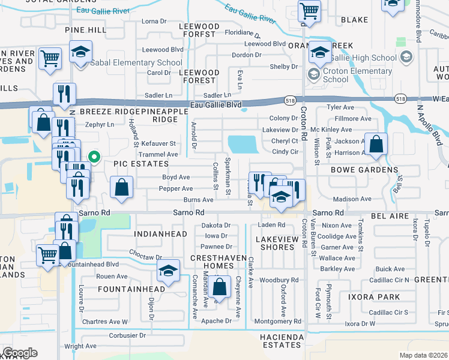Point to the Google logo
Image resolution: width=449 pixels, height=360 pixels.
pyautogui.click(x=19, y=353)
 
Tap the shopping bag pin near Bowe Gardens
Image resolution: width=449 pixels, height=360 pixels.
pyautogui.click(x=376, y=145)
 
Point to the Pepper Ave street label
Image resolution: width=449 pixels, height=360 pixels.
pyautogui.click(x=175, y=188)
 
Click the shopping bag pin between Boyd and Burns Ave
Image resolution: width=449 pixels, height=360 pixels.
pyautogui.click(x=121, y=187)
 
